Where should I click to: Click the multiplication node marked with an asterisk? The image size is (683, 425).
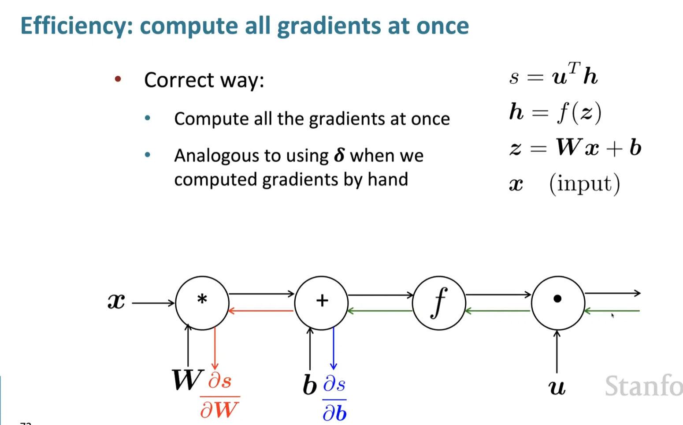(202, 303)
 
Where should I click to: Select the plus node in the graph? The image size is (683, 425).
(321, 303)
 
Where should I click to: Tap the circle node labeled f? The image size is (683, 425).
(439, 303)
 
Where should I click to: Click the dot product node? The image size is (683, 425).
(558, 303)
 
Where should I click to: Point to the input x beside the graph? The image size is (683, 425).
(116, 302)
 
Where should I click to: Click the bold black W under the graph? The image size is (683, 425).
(187, 380)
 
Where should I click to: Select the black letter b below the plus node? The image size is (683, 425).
(310, 385)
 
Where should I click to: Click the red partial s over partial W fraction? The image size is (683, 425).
(219, 396)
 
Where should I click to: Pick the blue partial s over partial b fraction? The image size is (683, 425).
(334, 399)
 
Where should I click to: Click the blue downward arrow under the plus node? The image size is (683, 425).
(334, 348)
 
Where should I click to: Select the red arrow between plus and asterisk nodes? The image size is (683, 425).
(261, 311)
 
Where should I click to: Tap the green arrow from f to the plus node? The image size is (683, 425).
(380, 311)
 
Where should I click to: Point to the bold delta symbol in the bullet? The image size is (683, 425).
(339, 155)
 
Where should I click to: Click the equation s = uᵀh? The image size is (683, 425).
(553, 75)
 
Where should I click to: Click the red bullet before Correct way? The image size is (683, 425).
(118, 79)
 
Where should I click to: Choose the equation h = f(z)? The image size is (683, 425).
(555, 112)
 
